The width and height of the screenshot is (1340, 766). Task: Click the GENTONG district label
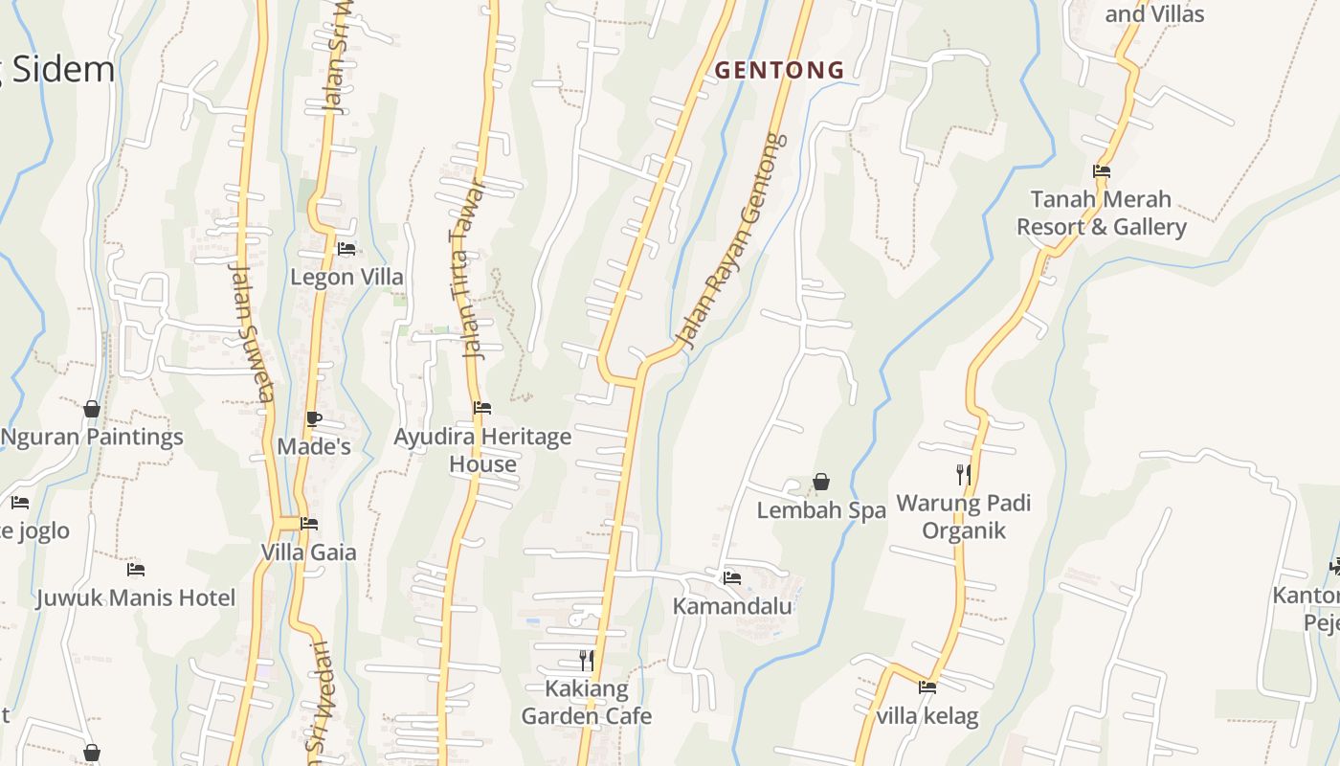(x=779, y=70)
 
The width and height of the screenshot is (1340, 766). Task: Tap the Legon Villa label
(x=346, y=278)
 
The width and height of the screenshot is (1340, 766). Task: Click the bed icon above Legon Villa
(x=346, y=249)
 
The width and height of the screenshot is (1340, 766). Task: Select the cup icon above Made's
(x=313, y=418)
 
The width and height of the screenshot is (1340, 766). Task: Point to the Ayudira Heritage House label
(x=482, y=450)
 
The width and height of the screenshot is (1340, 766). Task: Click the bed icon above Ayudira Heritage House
(x=482, y=408)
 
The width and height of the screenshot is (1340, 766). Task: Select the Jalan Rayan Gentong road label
(x=730, y=241)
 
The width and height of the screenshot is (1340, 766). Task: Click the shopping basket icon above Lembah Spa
(x=820, y=482)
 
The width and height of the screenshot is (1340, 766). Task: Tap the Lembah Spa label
(x=821, y=510)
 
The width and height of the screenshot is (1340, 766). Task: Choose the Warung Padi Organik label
(x=964, y=517)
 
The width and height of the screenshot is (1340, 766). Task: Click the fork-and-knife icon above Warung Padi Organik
(x=964, y=474)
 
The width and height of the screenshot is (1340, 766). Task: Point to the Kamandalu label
(x=732, y=606)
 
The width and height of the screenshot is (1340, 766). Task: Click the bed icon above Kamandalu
(x=732, y=577)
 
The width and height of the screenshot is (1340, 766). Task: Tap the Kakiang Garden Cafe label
(x=586, y=702)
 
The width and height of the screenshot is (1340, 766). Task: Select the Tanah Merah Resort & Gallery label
(x=1101, y=213)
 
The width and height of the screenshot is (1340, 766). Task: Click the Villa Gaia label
(x=308, y=552)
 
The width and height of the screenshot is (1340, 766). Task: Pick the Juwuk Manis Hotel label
(x=136, y=598)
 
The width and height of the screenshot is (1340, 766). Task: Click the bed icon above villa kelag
(x=927, y=687)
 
